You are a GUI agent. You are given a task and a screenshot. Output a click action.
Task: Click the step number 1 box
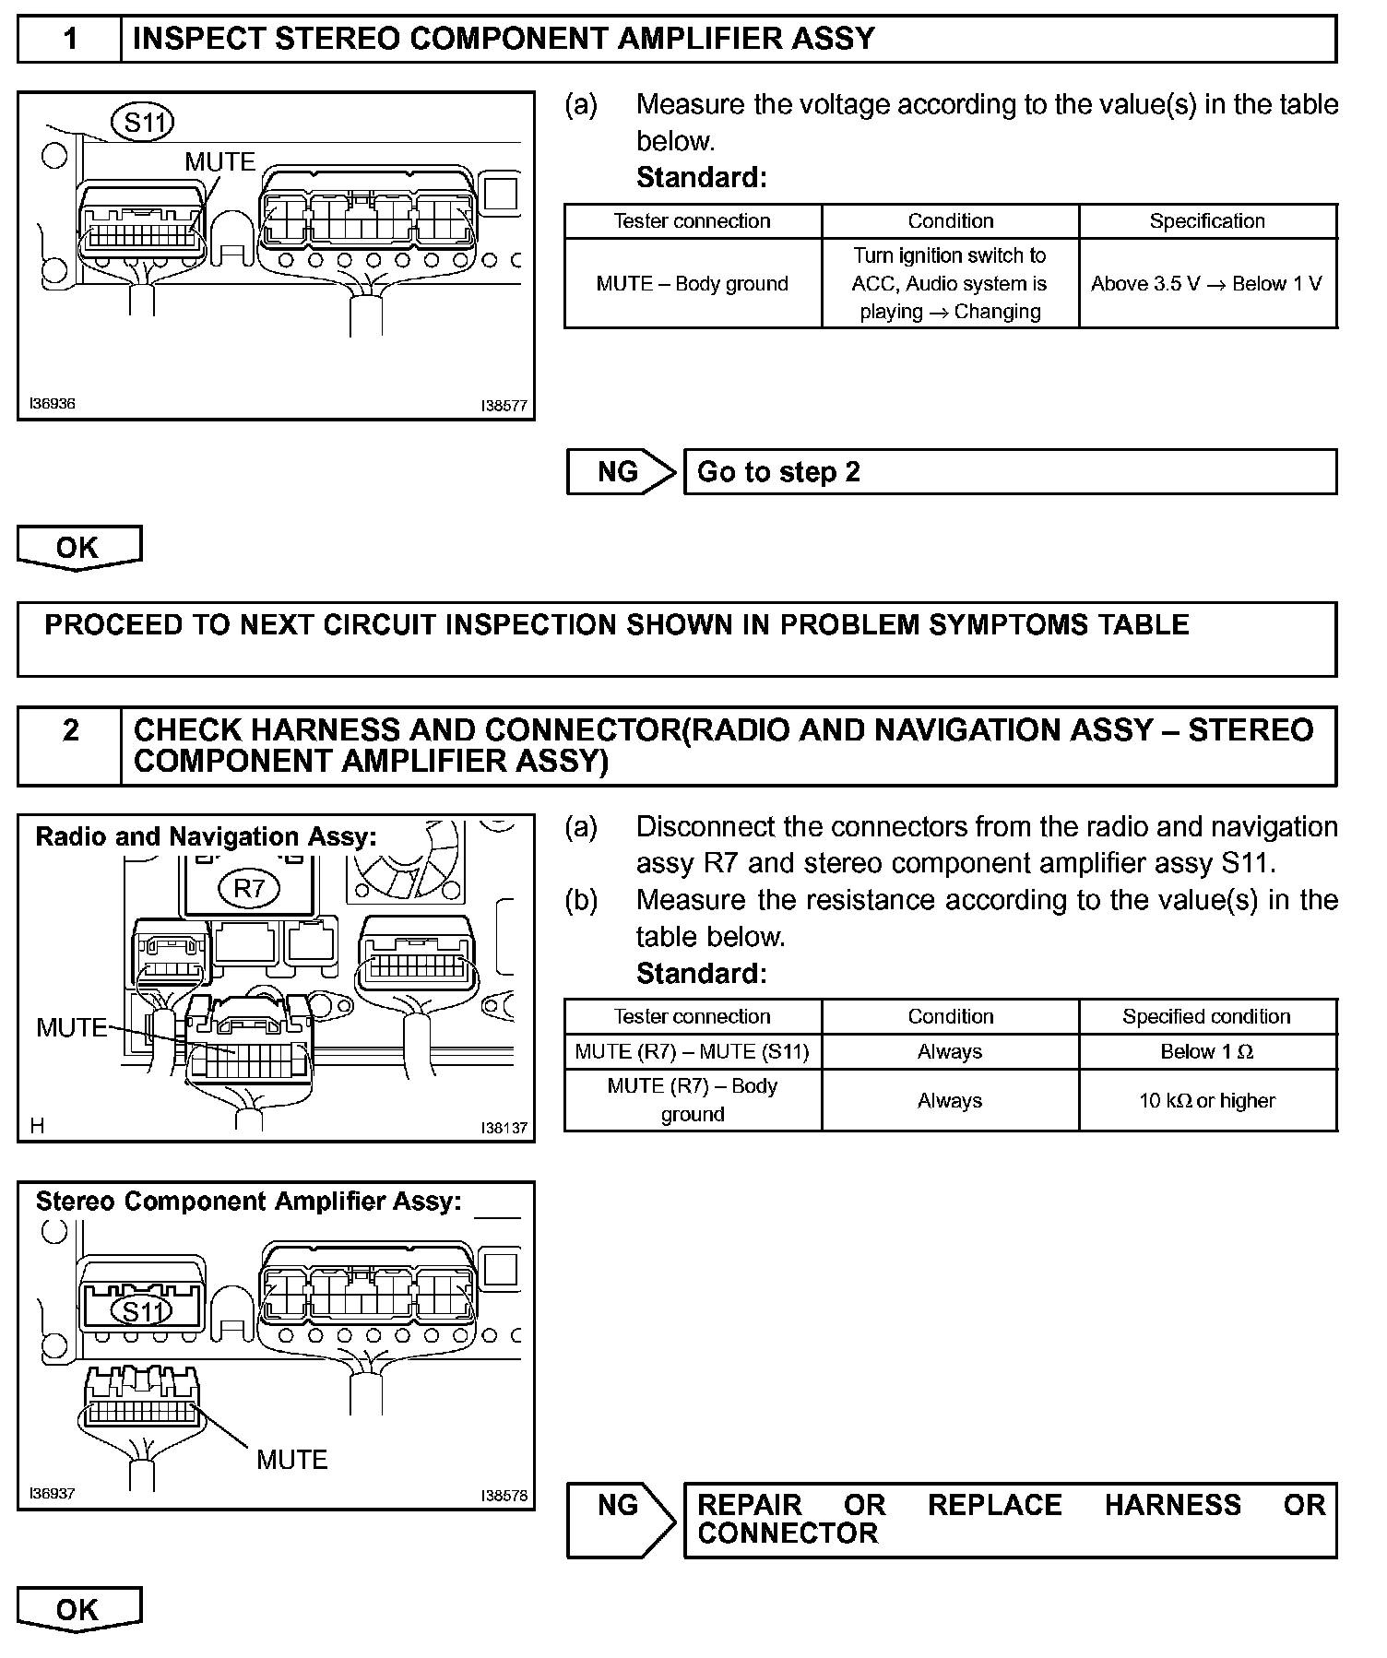coord(69,39)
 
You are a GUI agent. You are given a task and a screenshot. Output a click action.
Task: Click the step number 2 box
coord(69,746)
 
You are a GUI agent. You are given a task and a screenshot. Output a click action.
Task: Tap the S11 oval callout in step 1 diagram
coord(143,122)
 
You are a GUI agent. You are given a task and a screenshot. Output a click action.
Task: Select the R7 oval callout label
coord(249,888)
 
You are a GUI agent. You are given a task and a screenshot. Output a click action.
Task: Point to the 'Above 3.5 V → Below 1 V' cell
coord(1207,284)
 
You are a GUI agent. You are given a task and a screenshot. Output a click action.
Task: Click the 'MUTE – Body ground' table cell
coord(692,284)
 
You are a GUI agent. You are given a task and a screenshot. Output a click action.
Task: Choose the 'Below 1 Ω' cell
coord(1207,1052)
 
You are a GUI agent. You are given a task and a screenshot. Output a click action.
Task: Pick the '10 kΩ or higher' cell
coord(1207,1101)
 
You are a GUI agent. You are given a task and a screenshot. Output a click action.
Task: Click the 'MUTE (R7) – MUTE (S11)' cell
coord(692,1052)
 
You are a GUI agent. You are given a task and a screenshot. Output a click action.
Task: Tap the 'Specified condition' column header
coord(1207,1017)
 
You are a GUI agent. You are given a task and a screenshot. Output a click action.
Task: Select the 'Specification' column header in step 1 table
coord(1207,221)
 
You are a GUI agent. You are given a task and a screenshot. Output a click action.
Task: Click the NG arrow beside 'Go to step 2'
coord(620,472)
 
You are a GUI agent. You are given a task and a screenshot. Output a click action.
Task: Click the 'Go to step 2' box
coord(1010,472)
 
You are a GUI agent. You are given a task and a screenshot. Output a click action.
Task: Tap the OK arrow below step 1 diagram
coord(78,548)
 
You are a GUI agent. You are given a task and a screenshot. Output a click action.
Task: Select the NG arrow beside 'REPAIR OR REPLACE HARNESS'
coord(620,1519)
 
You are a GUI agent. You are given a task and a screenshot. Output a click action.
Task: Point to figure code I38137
coord(504,1128)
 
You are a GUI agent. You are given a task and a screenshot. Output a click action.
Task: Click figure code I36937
coord(52,1494)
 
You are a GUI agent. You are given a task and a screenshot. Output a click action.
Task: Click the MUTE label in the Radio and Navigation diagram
coord(71,1027)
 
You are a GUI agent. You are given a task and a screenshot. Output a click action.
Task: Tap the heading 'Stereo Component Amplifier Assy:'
coord(248,1202)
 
